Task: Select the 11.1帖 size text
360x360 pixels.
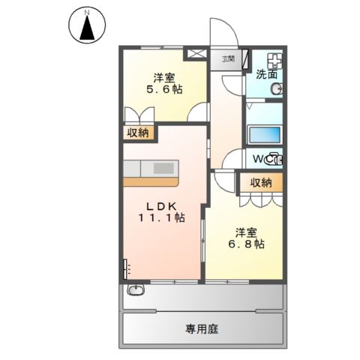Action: point(160,217)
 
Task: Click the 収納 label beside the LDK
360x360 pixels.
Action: point(138,133)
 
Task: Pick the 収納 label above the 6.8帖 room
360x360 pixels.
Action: point(261,182)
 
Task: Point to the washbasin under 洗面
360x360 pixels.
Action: point(275,89)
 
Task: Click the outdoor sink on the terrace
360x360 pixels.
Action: point(136,291)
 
